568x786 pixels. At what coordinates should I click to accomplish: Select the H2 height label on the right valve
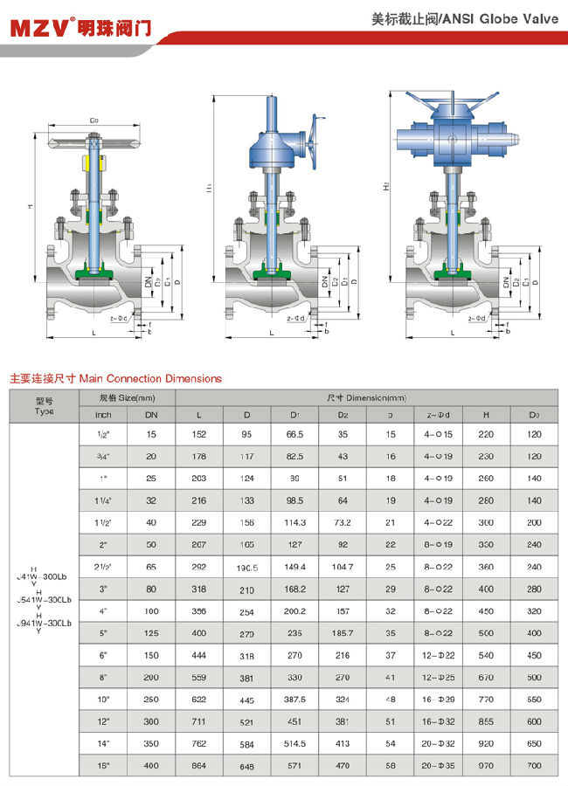[x=385, y=187]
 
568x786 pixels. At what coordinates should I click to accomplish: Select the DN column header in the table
[x=151, y=414]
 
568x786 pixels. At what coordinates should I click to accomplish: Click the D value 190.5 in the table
[x=247, y=567]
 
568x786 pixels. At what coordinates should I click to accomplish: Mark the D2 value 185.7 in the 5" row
[x=343, y=631]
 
